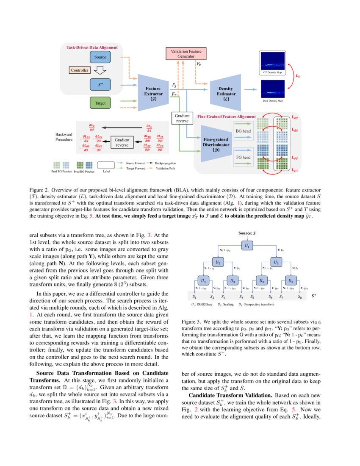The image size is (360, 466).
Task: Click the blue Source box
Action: tap(100, 57)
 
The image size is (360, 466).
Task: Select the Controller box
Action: tap(80, 70)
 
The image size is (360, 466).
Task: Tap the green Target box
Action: tap(100, 103)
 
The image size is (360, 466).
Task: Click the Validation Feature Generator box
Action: tap(186, 53)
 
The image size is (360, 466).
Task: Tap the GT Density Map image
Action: tap(273, 62)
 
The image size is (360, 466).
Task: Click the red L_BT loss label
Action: tap(295, 116)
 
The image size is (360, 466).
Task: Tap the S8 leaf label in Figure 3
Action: tap(299, 297)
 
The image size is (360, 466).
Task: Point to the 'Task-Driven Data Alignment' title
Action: tap(92, 47)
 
